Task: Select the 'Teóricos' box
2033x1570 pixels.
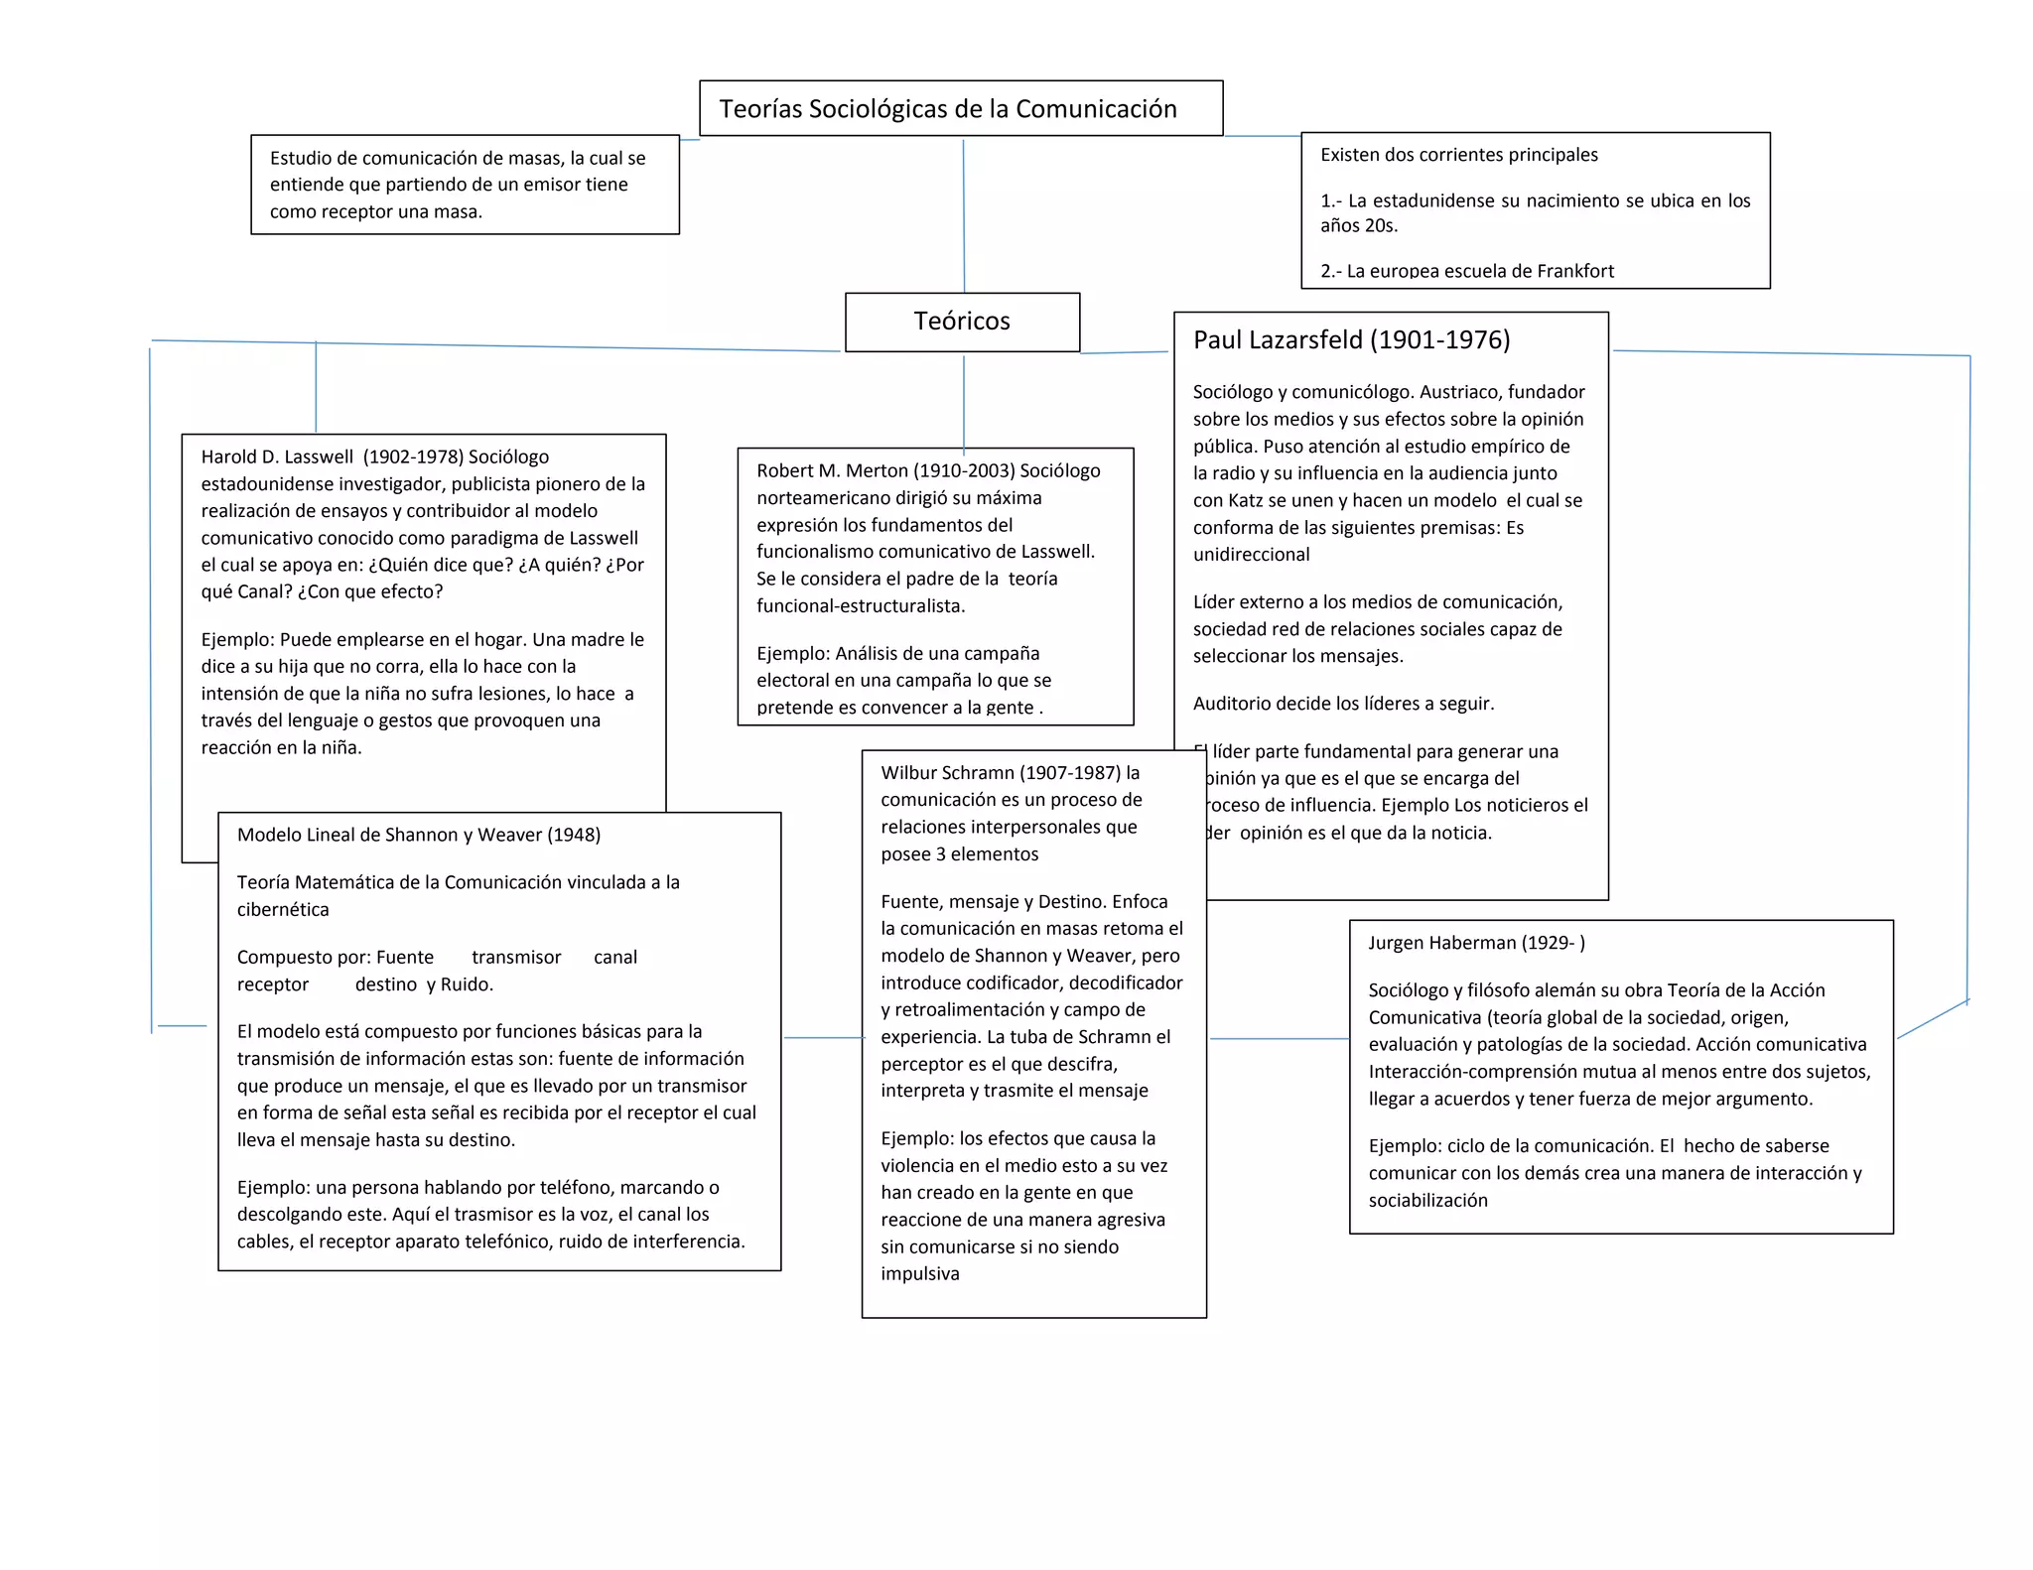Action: pyautogui.click(x=961, y=321)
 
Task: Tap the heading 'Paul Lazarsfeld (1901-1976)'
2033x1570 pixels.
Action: pyautogui.click(x=1351, y=339)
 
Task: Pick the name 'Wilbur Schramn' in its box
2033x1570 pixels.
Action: pyautogui.click(x=947, y=772)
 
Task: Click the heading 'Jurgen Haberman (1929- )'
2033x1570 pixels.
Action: pyautogui.click(x=1476, y=943)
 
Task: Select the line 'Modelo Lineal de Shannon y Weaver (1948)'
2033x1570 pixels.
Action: pyautogui.click(x=418, y=835)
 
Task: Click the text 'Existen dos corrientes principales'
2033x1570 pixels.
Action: pyautogui.click(x=1458, y=155)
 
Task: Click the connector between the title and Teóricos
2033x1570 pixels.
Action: pyautogui.click(x=963, y=214)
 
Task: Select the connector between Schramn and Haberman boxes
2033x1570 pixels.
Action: pyautogui.click(x=1279, y=1039)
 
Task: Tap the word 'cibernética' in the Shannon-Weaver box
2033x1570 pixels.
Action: pyautogui.click(x=283, y=909)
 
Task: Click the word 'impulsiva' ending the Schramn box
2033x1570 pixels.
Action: pyautogui.click(x=919, y=1274)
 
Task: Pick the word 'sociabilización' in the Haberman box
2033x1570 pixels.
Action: pyautogui.click(x=1427, y=1201)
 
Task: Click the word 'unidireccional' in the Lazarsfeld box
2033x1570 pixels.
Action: pyautogui.click(x=1251, y=555)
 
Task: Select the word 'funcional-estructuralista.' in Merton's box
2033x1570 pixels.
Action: pyautogui.click(x=860, y=606)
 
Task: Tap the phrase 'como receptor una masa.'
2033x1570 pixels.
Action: pyautogui.click(x=375, y=211)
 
